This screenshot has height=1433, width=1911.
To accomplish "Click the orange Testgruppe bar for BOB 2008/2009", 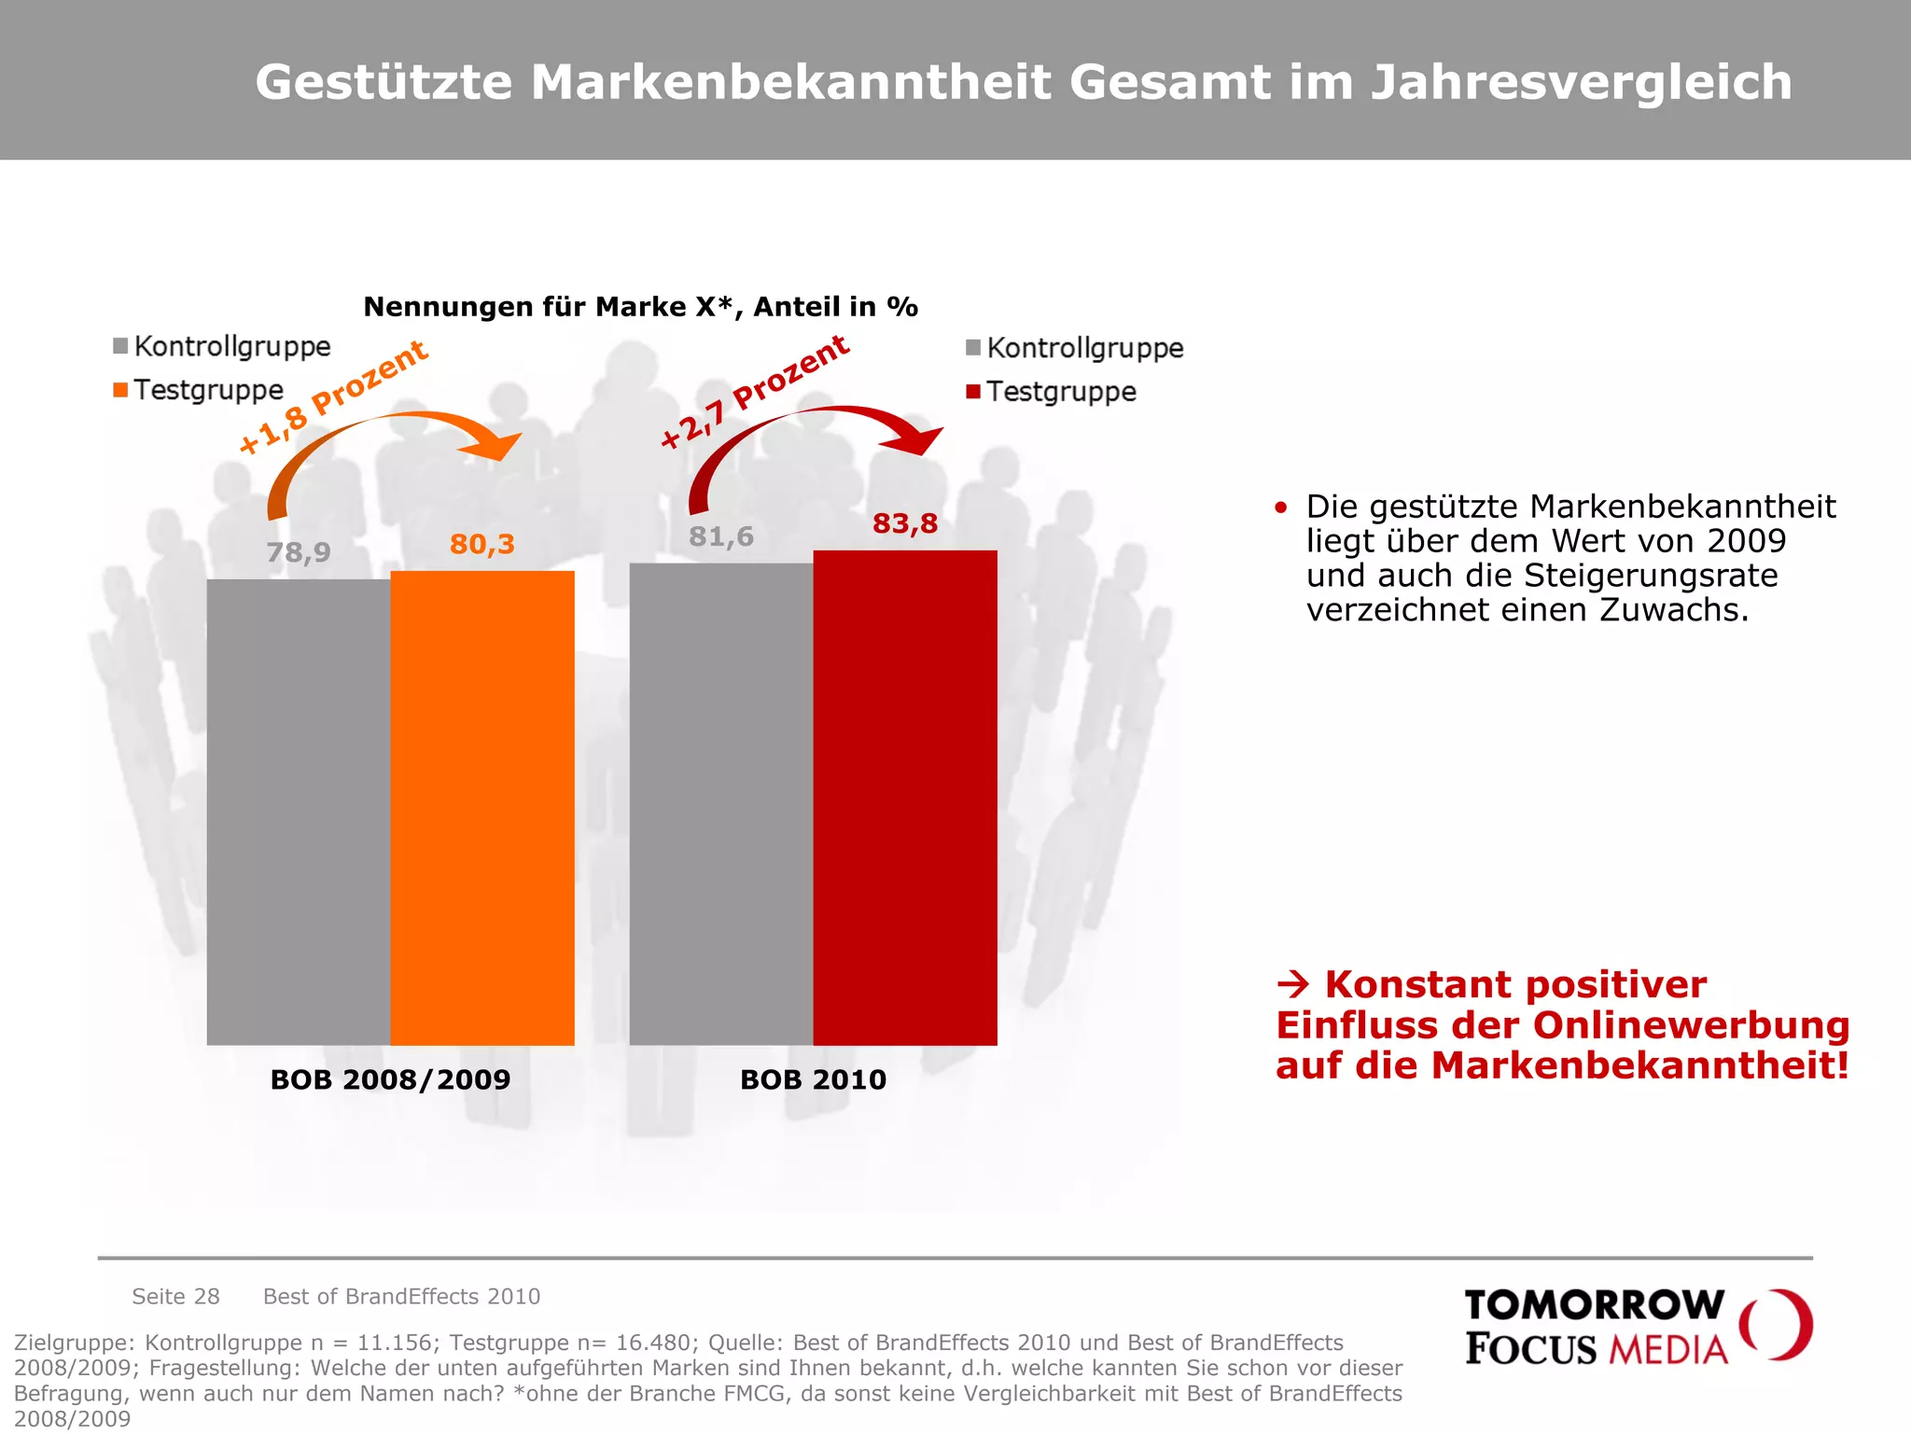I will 482,808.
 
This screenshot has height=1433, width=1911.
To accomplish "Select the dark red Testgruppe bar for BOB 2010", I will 905,798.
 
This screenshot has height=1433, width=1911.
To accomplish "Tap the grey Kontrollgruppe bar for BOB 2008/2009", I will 299,812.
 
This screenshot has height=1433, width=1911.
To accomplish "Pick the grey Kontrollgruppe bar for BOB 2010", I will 721,804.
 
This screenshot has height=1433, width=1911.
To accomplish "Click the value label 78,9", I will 299,553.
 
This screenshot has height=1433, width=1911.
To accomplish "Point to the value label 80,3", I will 482,544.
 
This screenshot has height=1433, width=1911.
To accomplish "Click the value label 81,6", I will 721,536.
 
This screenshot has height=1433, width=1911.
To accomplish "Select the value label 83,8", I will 905,523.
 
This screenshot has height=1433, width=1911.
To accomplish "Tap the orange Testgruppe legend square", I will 120,390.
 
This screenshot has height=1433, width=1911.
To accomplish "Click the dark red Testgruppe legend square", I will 973,392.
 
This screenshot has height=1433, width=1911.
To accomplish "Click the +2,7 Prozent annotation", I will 755,393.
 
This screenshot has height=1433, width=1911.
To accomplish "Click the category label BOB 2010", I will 813,1079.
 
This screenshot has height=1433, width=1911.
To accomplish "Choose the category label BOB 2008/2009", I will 390,1079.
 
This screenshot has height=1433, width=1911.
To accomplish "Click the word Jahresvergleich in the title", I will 1581,82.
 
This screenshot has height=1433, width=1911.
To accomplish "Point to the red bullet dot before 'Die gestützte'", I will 1281,508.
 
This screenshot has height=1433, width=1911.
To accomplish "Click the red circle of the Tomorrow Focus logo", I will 1778,1325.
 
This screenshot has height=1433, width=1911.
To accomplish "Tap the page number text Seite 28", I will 175,1296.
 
